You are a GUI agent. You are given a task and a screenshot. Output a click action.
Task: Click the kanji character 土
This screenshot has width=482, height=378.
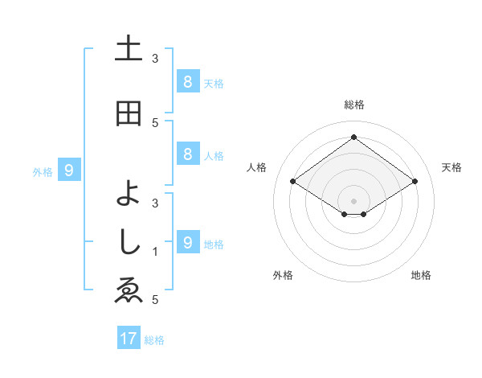129,49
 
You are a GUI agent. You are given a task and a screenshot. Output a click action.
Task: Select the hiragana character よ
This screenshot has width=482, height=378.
129,191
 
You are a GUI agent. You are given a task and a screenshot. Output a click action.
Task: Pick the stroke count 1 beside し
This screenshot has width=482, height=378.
156,251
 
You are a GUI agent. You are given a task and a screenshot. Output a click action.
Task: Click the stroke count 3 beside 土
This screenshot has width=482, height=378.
156,58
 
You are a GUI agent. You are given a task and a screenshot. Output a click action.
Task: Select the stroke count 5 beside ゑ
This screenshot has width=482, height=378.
156,300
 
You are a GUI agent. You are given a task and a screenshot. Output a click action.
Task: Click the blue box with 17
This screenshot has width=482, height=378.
129,339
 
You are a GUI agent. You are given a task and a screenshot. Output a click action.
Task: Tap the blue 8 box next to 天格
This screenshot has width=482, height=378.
187,82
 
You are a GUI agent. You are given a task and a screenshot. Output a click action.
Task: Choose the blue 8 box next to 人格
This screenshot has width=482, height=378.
187,154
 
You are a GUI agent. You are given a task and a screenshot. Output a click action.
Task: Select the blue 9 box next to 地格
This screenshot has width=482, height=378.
187,242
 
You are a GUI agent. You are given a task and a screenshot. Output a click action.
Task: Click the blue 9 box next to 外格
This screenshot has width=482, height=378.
69,171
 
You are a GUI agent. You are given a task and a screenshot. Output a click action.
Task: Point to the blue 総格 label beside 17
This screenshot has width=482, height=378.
154,340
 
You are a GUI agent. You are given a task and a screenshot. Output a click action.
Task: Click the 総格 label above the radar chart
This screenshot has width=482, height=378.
353,105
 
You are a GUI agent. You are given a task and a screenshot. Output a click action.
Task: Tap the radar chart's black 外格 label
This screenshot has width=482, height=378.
283,275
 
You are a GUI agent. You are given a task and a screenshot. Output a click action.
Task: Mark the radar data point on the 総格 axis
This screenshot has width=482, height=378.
353,138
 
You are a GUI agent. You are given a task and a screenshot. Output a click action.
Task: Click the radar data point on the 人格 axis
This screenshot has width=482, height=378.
293,182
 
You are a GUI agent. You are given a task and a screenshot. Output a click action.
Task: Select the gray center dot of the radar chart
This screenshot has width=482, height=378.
353,200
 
